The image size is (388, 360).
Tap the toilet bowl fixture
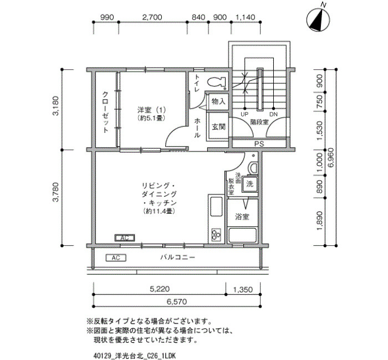coord(217,82)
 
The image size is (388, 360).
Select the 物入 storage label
coord(218,101)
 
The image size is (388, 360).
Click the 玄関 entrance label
coord(219,127)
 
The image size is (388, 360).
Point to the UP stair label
coord(244,114)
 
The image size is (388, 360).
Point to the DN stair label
coord(273,114)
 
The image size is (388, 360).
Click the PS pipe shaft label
coord(259,144)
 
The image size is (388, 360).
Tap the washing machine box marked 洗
coord(249,184)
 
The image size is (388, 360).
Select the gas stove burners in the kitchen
coord(216,234)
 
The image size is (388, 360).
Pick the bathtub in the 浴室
coord(242,235)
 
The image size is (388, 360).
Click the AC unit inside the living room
coord(125,238)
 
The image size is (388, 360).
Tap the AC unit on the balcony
coord(116,258)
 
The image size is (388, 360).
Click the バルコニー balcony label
coord(178,258)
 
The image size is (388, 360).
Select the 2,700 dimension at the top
coord(152,17)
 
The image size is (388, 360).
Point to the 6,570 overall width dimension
coord(177,302)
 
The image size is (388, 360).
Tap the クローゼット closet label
coord(105,112)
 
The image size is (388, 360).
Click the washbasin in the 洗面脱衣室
coord(253,168)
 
